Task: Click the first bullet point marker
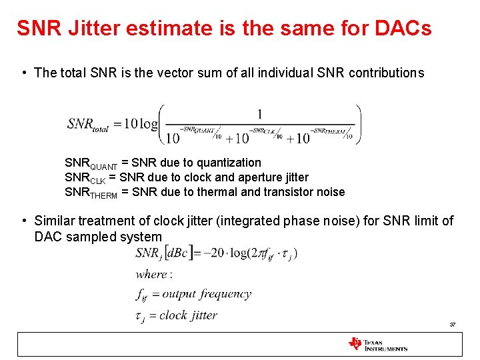[x=23, y=73]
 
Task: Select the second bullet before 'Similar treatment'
[x=23, y=221]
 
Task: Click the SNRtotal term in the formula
[x=88, y=124]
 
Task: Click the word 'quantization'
[x=227, y=163]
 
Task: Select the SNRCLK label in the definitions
[x=85, y=178]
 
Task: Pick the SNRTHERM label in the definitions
[x=91, y=193]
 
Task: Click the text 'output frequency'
[x=207, y=294]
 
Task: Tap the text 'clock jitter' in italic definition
[x=188, y=315]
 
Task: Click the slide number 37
[x=452, y=325]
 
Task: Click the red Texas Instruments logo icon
[x=355, y=344]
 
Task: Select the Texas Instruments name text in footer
[x=386, y=345]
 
